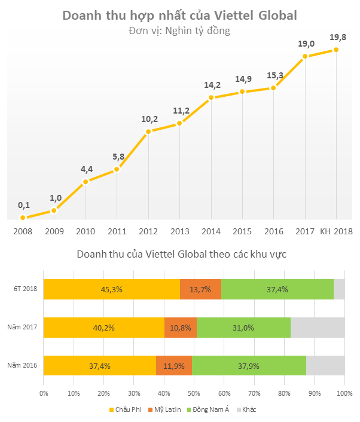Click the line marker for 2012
point(148,132)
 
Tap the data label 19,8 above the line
point(338,38)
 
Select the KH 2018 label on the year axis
point(335,231)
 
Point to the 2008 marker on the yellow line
point(23,218)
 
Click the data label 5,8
point(118,157)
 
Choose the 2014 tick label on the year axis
point(210,231)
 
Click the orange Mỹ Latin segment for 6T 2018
point(200,289)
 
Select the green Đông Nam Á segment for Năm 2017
point(243,328)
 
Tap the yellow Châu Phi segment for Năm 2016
point(100,366)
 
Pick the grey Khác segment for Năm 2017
point(318,328)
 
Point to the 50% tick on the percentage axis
point(194,393)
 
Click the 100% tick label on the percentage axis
point(344,393)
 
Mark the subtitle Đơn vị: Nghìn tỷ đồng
point(179,30)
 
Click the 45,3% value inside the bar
point(112,289)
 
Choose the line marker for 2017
point(305,57)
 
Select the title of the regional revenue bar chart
point(181,254)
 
